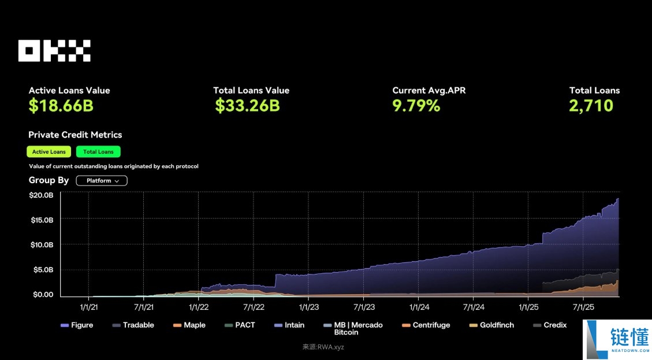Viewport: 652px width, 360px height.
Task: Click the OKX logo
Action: pos(54,51)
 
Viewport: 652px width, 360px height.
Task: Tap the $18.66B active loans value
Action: pos(61,106)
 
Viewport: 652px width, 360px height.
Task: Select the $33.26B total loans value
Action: pos(247,106)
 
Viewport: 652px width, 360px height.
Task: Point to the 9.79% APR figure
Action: pos(416,106)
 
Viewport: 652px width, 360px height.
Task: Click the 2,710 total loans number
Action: pos(591,106)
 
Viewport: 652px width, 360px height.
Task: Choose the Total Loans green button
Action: pos(98,152)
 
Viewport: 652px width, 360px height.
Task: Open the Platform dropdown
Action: pos(102,181)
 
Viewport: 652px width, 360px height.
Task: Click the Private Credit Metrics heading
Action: pos(75,135)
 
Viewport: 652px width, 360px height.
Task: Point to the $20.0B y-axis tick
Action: pos(41,195)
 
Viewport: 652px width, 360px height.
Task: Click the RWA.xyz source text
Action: pos(323,347)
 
